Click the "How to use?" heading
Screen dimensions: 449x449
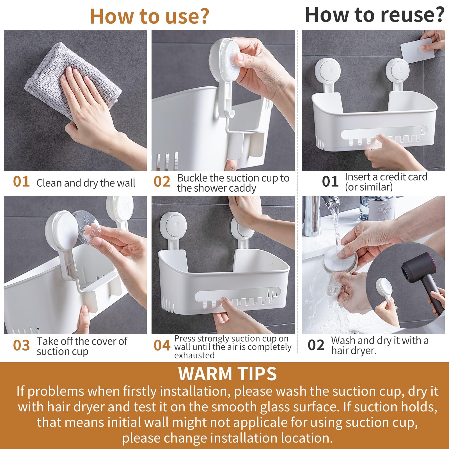[150, 16]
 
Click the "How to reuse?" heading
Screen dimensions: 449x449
[375, 15]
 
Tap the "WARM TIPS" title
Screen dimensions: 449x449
[228, 374]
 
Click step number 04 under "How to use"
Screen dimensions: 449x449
[162, 345]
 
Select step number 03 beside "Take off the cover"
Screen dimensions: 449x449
[21, 345]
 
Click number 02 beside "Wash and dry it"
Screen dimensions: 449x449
[316, 345]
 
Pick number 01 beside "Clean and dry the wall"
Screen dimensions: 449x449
[21, 182]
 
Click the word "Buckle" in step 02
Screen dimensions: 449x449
[193, 178]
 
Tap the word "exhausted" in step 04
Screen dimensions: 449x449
[194, 355]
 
